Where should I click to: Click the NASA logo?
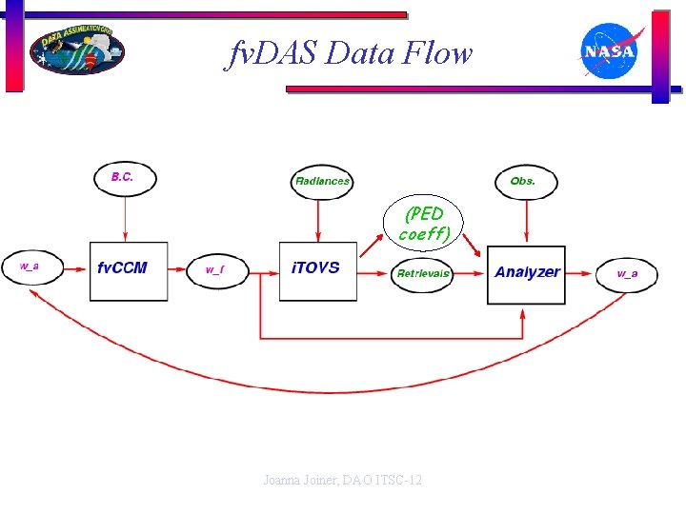[609, 51]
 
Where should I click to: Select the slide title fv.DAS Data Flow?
[349, 53]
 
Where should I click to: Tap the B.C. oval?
[125, 177]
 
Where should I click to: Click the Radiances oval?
[322, 181]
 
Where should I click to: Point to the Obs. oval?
[523, 180]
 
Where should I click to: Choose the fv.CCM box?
[128, 271]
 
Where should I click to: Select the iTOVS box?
[317, 270]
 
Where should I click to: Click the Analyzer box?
[526, 274]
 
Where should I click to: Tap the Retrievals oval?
[423, 274]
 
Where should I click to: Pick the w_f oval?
[215, 270]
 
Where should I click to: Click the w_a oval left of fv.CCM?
[31, 267]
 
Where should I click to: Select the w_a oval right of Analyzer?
[626, 274]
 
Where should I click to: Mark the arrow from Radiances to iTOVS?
[317, 222]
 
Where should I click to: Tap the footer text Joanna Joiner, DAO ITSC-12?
[342, 481]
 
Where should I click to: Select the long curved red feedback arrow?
[324, 389]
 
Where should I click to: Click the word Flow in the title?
[437, 53]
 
